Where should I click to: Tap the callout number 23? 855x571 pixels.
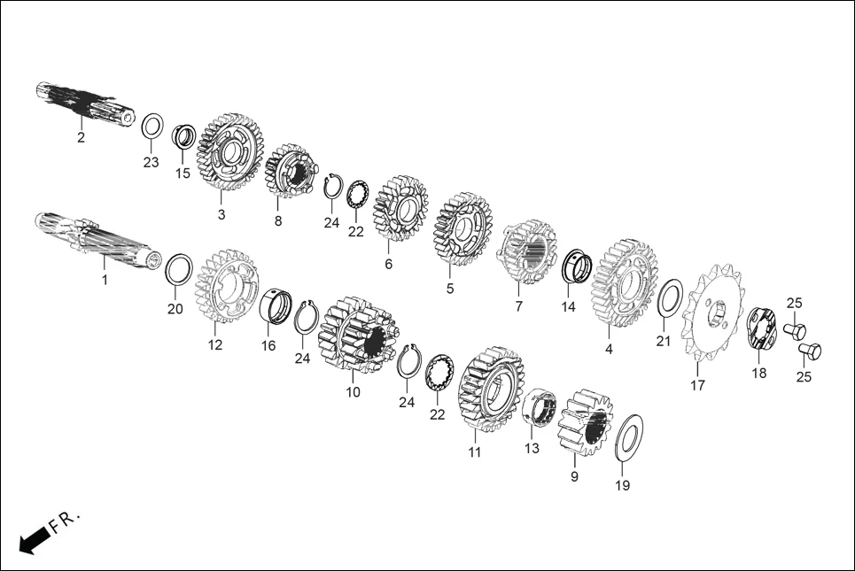pyautogui.click(x=152, y=162)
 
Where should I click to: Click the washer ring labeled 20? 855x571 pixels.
pyautogui.click(x=178, y=267)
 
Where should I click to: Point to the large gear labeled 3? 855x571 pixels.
pyautogui.click(x=229, y=151)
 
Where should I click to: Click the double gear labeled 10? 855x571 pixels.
pyautogui.click(x=354, y=336)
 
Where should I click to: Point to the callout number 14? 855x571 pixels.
pyautogui.click(x=568, y=307)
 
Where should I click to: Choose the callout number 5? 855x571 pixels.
pyautogui.click(x=449, y=289)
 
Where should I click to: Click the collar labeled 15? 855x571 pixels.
pyautogui.click(x=184, y=138)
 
